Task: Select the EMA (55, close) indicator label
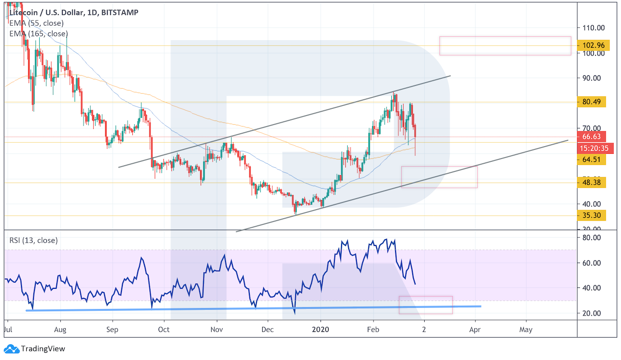pos(36,23)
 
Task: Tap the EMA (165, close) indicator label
pos(38,33)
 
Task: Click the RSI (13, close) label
pos(33,240)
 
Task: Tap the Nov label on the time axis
pos(217,329)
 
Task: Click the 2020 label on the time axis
pos(321,329)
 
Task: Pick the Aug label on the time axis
pos(60,329)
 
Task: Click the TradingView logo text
pos(43,349)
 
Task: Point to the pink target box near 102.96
pos(505,46)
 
